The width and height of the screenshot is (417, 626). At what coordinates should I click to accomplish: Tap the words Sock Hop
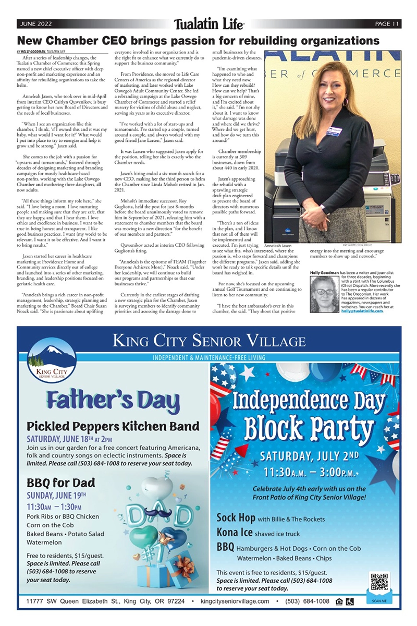click(235, 519)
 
